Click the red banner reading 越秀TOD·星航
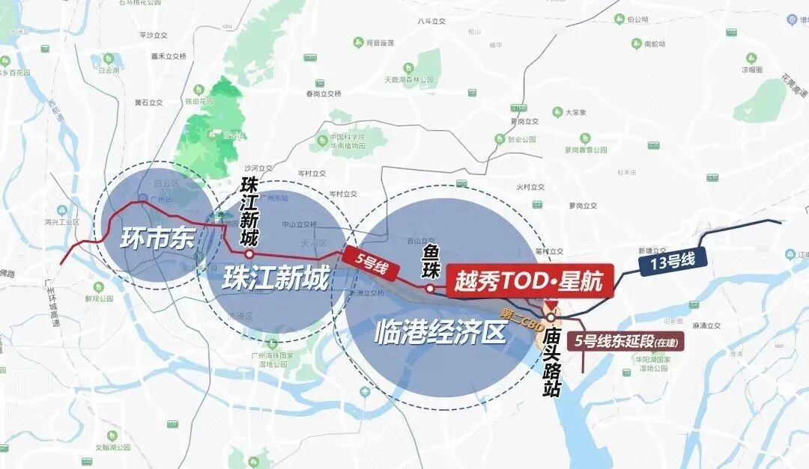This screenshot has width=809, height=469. click(530, 281)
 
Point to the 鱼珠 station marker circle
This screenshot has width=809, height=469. click(430, 288)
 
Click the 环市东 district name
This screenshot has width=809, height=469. click(157, 239)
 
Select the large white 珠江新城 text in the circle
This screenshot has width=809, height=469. click(276, 280)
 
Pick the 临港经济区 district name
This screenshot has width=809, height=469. click(440, 332)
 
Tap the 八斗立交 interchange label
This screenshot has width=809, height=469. click(431, 22)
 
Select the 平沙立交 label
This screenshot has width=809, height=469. click(153, 35)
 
